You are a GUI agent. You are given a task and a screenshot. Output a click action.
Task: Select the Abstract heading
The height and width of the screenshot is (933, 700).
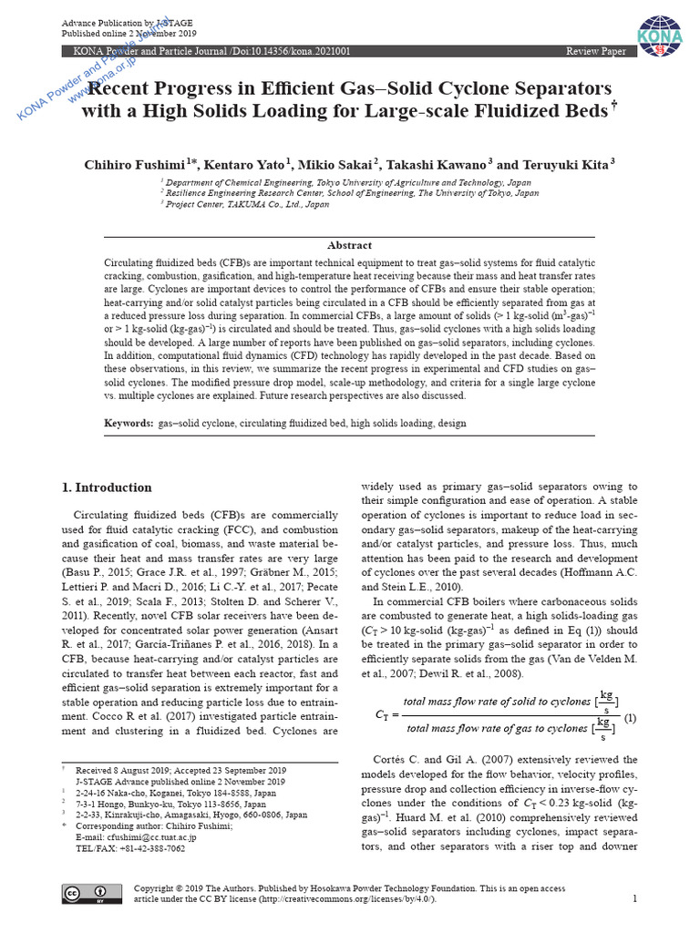coord(350,245)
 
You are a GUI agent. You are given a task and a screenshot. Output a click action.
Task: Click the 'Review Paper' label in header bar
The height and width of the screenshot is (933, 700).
coord(596,52)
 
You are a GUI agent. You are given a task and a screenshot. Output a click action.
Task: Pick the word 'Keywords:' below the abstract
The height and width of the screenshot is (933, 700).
coord(129,424)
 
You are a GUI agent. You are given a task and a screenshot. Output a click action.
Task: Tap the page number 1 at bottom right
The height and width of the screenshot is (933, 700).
coord(634,898)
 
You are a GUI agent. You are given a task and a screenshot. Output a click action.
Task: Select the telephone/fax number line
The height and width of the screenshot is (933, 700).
coord(130,848)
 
